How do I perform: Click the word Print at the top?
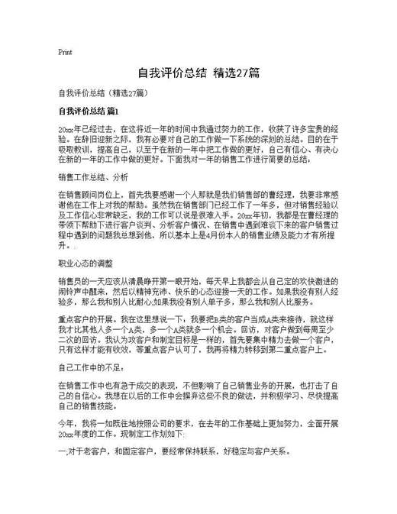(x=65, y=53)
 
